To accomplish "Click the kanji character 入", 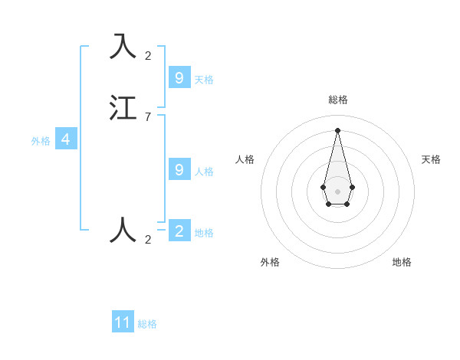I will click(x=124, y=47).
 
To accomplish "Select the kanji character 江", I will click(x=124, y=107).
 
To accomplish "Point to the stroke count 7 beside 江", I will click(x=147, y=116).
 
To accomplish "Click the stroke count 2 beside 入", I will click(x=147, y=55).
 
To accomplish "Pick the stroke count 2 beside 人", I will click(x=147, y=239).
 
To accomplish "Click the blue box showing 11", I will click(x=123, y=322).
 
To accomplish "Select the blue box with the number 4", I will click(x=66, y=139).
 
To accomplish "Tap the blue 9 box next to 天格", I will click(x=179, y=78).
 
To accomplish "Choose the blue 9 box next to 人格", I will click(x=179, y=170).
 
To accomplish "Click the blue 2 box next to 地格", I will click(x=179, y=231).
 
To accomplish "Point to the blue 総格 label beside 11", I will click(x=147, y=324).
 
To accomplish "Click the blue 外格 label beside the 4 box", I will click(x=40, y=141).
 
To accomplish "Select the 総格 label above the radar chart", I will click(x=337, y=100).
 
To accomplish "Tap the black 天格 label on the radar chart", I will click(x=431, y=159).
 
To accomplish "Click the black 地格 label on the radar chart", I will click(x=402, y=262).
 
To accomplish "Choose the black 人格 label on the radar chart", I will click(x=245, y=159).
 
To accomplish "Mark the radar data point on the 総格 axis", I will click(x=337, y=129).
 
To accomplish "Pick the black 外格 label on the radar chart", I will click(x=270, y=262).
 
